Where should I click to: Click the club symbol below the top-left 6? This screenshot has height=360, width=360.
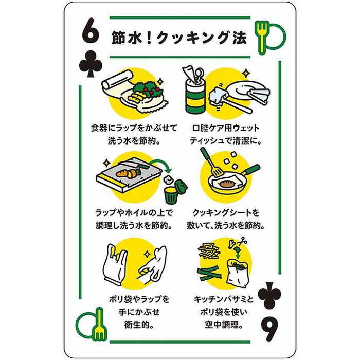[91, 64]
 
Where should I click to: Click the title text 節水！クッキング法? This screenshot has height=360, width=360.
[179, 38]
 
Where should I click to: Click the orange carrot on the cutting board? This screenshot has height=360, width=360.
[124, 174]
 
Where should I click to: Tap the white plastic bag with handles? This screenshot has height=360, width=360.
[116, 265]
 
